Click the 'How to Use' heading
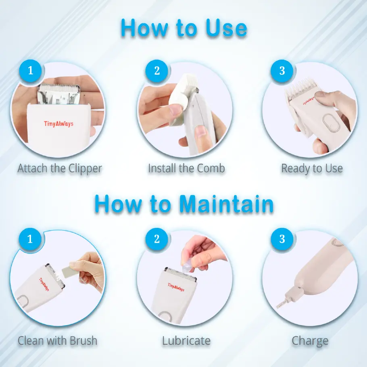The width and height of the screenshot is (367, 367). tap(183, 28)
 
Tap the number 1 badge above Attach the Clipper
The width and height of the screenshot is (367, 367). tap(30, 71)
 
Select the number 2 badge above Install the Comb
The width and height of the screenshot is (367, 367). tap(157, 71)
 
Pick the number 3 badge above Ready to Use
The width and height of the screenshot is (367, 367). tap(282, 71)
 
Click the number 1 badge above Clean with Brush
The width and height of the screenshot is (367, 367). tap(30, 239)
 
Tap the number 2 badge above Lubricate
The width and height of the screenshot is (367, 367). tap(157, 239)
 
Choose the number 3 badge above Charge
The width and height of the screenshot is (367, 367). tap(282, 239)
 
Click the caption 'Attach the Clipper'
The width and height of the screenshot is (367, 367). tap(60, 168)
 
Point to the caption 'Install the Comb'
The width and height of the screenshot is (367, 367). tap(186, 168)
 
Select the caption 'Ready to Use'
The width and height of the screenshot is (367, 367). tap(312, 168)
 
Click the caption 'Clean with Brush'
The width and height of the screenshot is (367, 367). tap(58, 340)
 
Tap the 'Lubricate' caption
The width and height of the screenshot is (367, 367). tap(186, 340)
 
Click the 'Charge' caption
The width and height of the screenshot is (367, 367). tap(310, 341)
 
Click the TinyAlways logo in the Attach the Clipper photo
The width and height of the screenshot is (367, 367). tap(59, 123)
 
